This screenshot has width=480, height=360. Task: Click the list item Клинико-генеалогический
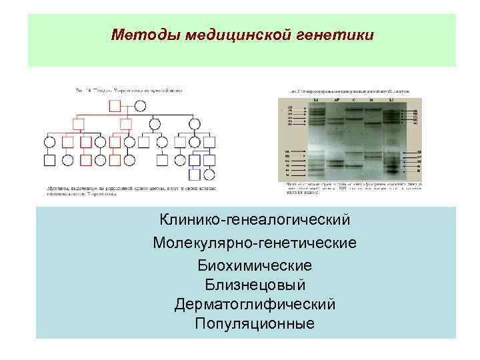255,219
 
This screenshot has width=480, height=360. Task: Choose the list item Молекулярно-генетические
255,242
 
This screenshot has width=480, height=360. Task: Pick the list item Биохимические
255,265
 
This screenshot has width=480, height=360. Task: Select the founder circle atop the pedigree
140,106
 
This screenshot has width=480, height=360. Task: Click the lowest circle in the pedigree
209,175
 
